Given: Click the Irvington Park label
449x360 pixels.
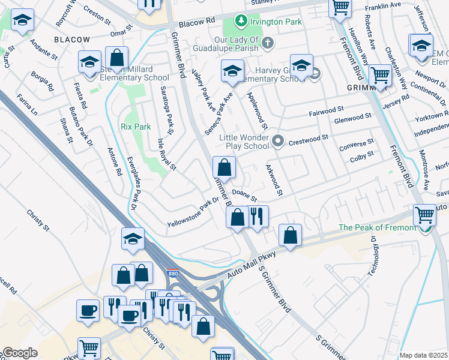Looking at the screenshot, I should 277,22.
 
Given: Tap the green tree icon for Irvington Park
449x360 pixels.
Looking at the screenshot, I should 241,22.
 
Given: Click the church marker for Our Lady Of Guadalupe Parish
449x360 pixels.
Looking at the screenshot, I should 267,43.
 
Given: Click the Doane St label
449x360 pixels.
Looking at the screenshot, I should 244,195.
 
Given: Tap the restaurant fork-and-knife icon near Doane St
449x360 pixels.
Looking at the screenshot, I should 258,217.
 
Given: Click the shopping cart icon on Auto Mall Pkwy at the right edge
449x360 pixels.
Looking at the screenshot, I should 424,214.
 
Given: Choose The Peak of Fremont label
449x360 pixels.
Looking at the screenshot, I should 377,227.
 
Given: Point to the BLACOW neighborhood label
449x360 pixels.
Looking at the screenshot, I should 72,40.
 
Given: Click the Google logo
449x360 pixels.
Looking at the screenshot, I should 20,353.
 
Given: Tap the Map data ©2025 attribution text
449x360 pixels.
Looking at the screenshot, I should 423,355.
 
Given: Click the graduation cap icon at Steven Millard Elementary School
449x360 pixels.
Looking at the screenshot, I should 89,62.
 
